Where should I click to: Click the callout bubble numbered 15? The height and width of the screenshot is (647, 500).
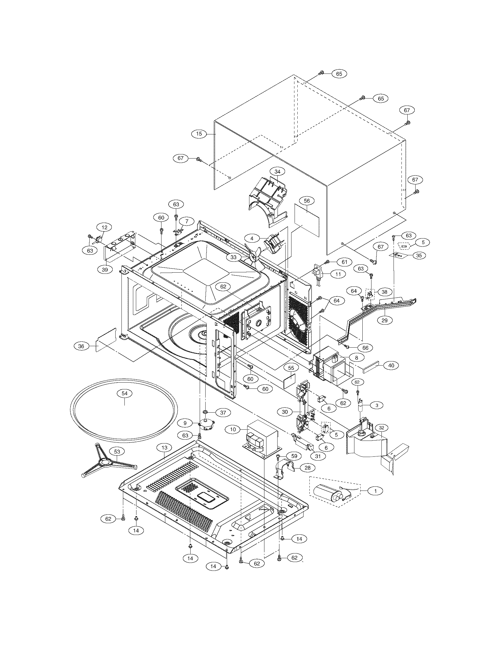click(199, 134)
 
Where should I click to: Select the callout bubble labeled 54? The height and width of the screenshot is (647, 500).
click(124, 393)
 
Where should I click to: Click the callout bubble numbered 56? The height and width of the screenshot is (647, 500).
click(306, 201)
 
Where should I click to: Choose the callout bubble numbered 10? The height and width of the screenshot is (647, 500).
click(233, 429)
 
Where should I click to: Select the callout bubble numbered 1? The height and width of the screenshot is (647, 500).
click(376, 491)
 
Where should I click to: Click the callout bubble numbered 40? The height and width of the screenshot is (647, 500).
click(391, 366)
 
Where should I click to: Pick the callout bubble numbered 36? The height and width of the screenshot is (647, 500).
click(81, 346)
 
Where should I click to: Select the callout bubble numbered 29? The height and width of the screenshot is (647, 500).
click(384, 320)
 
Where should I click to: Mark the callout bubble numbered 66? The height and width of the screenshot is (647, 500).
click(365, 348)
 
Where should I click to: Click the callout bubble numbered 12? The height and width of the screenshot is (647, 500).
click(104, 228)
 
